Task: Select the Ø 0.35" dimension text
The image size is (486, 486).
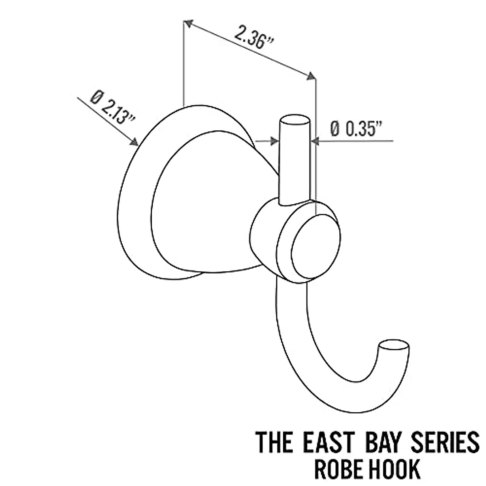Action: coord(356,129)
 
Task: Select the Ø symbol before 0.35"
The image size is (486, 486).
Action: coord(335,129)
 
